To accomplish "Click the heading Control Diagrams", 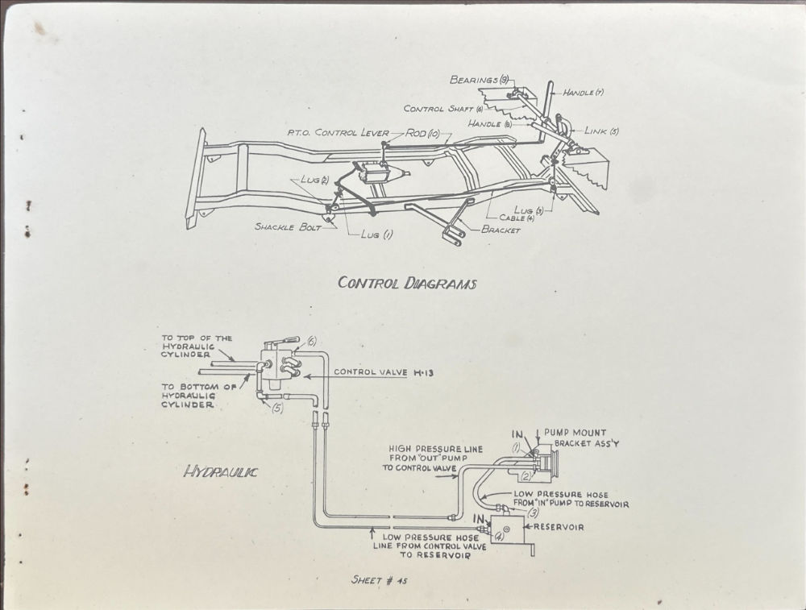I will coord(407,283).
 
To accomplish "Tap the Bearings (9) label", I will coord(479,80).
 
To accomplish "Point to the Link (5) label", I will coord(602,131).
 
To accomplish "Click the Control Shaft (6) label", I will coord(442,108).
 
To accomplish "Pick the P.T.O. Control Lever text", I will coord(339,132).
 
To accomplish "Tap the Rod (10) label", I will coord(422,132).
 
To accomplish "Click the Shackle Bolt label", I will coord(287,227).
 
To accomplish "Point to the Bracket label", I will coord(501,230).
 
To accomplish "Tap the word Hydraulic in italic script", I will coord(220,472).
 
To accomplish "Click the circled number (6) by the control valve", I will coord(312,342).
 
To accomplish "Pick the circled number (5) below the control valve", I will coord(277,408).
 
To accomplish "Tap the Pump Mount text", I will coord(575,433).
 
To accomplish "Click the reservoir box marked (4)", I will coord(501,532).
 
